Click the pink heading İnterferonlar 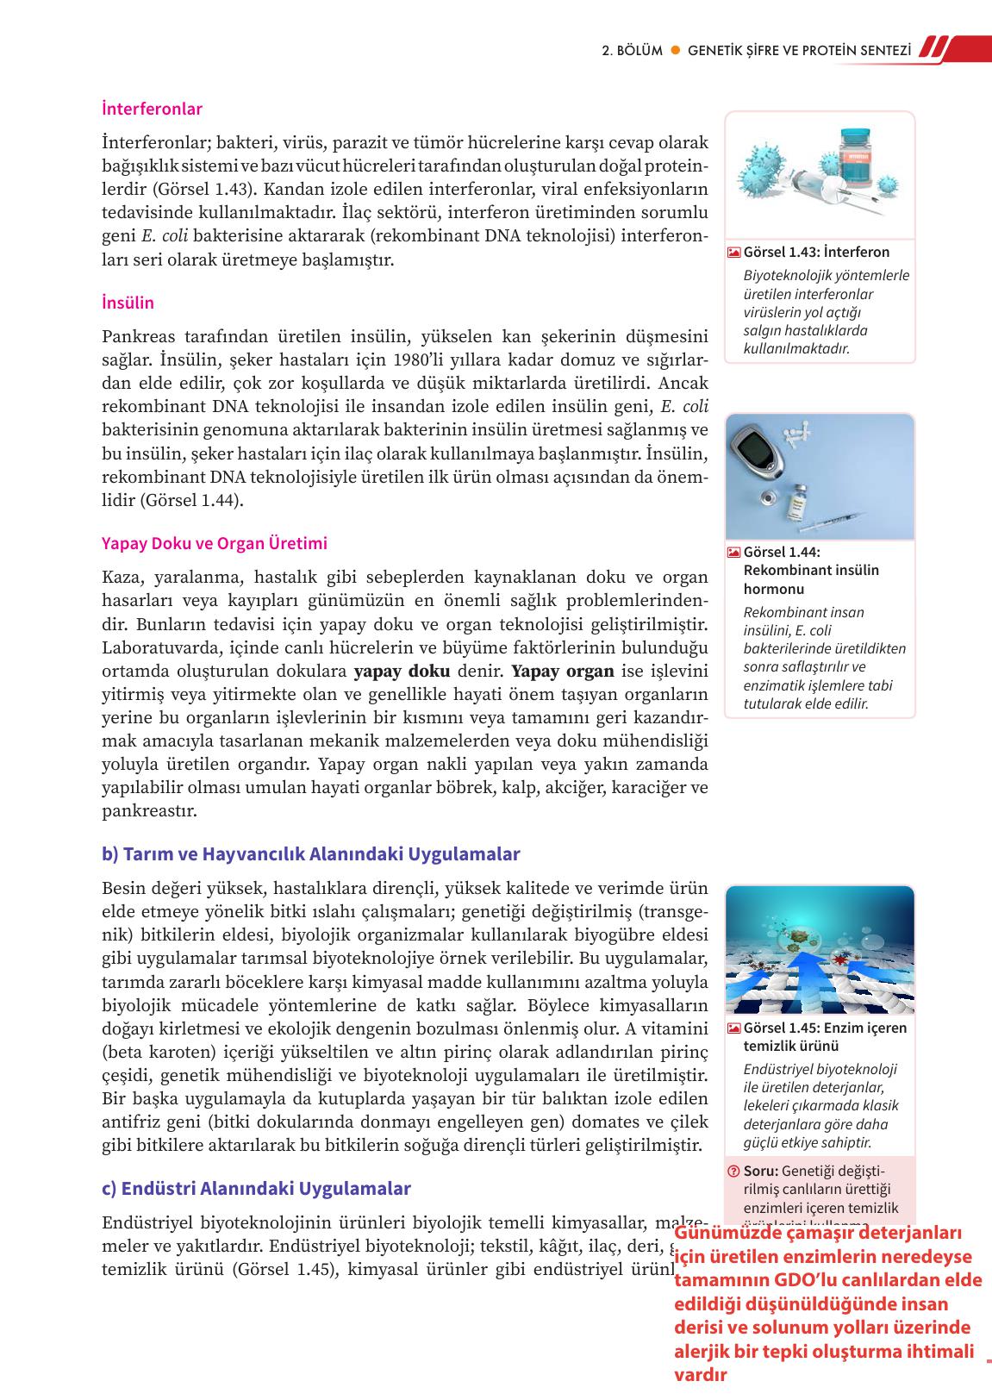(152, 109)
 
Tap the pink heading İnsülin (128, 303)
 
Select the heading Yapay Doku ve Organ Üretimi (215, 543)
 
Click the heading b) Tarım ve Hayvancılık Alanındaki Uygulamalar (311, 853)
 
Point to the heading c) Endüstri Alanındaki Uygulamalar (256, 1188)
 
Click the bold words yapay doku (402, 671)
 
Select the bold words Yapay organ (563, 671)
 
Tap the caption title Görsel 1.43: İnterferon (816, 252)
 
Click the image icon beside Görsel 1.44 (733, 553)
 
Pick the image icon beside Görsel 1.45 (733, 1028)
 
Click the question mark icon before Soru (733, 1171)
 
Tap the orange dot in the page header (676, 50)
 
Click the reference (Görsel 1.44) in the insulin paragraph (191, 500)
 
